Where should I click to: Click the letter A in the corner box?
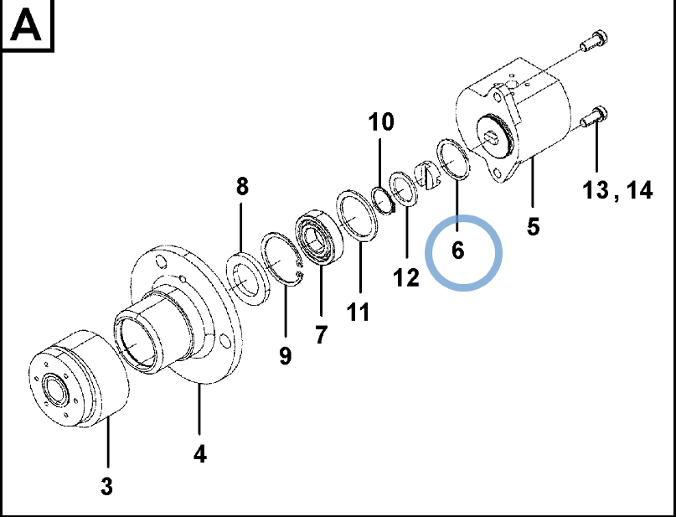click(26, 26)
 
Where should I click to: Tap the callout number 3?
click(106, 486)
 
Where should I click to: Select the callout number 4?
click(199, 454)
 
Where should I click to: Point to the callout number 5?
click(534, 226)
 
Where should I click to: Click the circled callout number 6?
click(458, 251)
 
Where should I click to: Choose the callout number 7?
click(320, 334)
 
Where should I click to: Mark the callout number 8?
click(242, 187)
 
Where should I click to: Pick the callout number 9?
click(285, 356)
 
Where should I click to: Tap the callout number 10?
click(381, 122)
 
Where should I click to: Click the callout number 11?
click(358, 313)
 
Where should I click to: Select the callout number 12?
click(406, 277)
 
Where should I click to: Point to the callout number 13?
click(596, 189)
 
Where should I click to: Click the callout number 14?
click(640, 189)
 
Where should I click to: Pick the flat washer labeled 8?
click(247, 279)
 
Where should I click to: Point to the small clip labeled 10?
click(384, 199)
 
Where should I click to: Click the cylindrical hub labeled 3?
click(80, 380)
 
